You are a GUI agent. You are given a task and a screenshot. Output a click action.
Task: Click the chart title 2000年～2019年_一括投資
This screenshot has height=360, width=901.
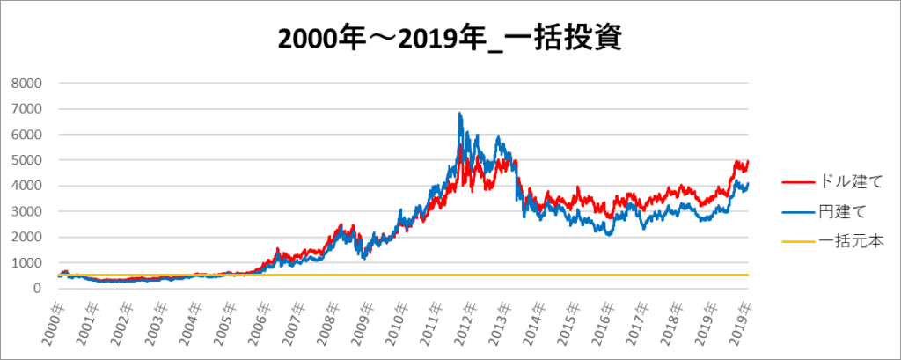tap(450, 38)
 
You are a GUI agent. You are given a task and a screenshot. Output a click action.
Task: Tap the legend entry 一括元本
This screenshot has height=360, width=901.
tap(841, 241)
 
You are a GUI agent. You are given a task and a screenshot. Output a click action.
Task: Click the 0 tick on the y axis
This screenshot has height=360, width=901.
tap(38, 289)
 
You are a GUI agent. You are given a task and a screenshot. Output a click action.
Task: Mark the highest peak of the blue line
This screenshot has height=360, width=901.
tap(459, 113)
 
